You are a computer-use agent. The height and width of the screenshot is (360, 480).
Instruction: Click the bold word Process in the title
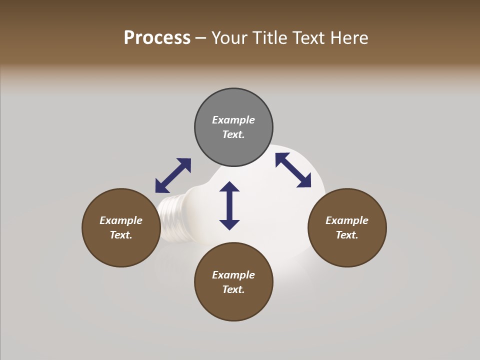157,38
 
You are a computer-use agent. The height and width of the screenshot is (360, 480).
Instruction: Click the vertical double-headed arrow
229,205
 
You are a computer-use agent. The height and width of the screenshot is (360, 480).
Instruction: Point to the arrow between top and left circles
173,175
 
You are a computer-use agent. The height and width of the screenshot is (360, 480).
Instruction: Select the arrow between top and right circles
293,170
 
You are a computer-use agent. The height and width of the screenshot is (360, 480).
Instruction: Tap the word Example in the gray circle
233,120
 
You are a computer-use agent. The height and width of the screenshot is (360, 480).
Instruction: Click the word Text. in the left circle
121,235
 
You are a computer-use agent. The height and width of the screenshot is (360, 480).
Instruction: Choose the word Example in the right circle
347,220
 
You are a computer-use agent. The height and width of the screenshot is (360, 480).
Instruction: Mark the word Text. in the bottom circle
233,289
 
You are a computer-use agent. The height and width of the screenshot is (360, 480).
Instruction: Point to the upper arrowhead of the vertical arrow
229,187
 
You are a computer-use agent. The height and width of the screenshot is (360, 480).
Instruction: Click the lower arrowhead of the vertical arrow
229,224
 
